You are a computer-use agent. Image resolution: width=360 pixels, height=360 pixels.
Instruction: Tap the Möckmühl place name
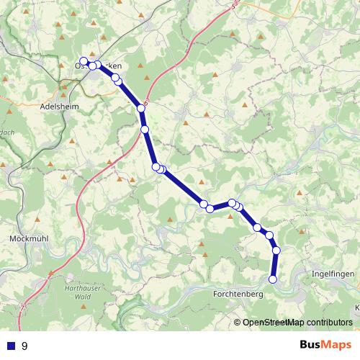tap(28, 238)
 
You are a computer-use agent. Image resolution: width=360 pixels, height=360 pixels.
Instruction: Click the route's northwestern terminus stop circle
tap(84, 61)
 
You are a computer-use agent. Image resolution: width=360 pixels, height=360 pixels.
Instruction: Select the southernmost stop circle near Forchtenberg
tap(273, 279)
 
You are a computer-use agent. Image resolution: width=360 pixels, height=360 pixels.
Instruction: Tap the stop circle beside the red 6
tap(141, 109)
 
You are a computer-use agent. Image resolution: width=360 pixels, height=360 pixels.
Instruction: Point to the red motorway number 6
tap(147, 104)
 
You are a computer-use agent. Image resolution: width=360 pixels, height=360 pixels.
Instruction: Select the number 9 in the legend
tap(25, 346)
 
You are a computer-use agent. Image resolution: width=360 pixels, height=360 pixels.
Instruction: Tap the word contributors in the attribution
tap(329, 323)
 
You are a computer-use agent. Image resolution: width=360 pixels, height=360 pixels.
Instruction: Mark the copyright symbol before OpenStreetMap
tap(238, 323)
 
